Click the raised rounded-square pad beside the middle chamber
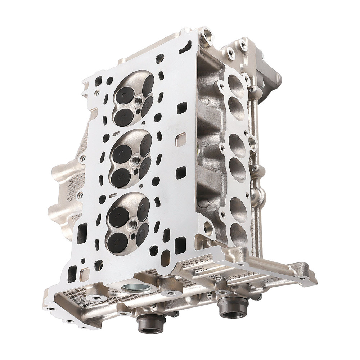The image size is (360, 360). tap(181, 139)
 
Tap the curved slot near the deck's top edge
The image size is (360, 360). tap(187, 46)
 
